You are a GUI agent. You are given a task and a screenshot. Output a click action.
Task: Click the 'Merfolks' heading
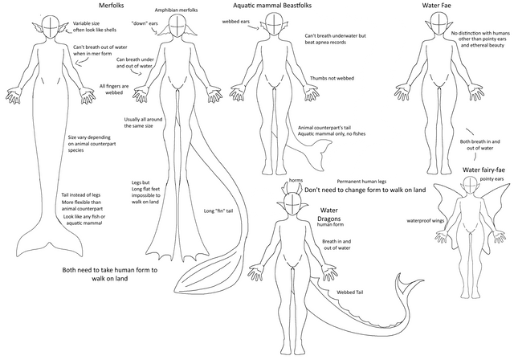[111, 6]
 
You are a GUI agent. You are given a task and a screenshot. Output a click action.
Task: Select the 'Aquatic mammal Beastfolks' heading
[272, 6]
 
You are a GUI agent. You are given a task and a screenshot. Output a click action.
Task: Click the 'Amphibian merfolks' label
[177, 10]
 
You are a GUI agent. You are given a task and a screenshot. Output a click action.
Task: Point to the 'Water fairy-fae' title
[483, 170]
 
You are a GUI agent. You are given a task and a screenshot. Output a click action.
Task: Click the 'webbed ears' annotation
[235, 22]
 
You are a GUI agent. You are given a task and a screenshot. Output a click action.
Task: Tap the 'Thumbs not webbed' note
[332, 79]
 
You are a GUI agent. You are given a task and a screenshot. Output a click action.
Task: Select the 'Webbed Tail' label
[350, 292]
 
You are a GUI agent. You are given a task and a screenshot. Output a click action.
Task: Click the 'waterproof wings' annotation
[425, 221]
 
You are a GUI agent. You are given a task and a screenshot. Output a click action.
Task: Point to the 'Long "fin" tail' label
[218, 211]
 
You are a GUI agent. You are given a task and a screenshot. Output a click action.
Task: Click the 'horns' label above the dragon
[296, 180]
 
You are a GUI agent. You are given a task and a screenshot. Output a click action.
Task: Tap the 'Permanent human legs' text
[361, 182]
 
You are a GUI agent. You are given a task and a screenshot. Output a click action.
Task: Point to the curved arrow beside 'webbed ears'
[255, 27]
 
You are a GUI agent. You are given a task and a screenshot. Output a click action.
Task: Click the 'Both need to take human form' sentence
[110, 274]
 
